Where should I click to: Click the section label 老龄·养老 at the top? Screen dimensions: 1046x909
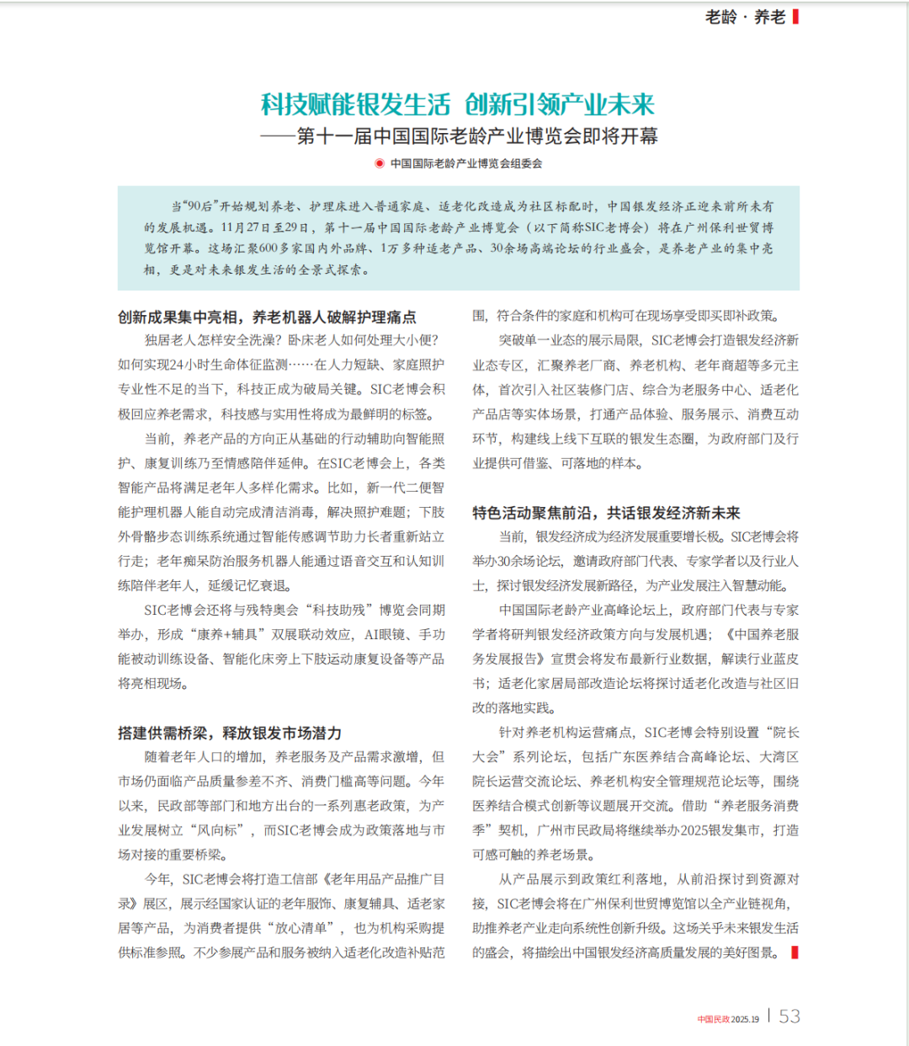(x=745, y=17)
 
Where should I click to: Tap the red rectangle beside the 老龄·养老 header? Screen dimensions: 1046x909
(x=796, y=17)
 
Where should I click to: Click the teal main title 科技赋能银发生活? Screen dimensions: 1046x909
(x=355, y=104)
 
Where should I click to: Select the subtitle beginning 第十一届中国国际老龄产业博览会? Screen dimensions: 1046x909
(x=477, y=136)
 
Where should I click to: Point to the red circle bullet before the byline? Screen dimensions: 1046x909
(x=380, y=163)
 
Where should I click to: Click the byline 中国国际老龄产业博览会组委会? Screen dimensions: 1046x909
(x=466, y=163)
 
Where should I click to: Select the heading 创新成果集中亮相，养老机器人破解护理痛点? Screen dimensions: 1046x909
(x=267, y=317)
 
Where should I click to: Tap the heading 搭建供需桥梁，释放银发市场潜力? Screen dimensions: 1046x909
(x=229, y=733)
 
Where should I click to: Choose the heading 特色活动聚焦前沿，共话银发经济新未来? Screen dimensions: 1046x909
(x=606, y=513)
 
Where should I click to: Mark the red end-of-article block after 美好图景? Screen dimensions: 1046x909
(x=795, y=953)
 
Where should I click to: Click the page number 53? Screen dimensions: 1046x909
(x=789, y=1017)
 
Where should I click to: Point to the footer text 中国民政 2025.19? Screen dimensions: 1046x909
(x=728, y=1019)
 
